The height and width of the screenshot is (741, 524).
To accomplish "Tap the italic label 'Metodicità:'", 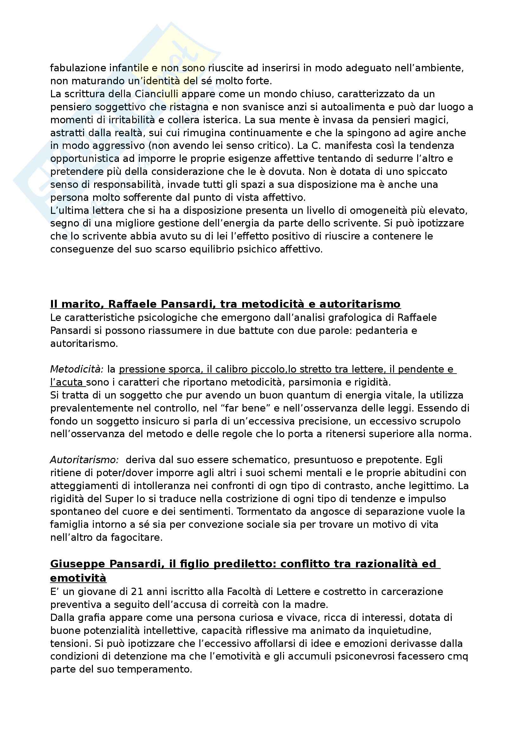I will click(x=76, y=369).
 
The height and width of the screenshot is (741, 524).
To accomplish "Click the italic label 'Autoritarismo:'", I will click(x=84, y=460).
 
